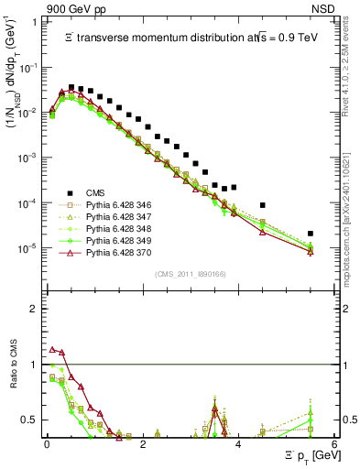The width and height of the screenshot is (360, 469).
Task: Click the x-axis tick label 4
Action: [238, 444]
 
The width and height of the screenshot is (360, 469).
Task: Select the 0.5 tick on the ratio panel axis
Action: [32, 420]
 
